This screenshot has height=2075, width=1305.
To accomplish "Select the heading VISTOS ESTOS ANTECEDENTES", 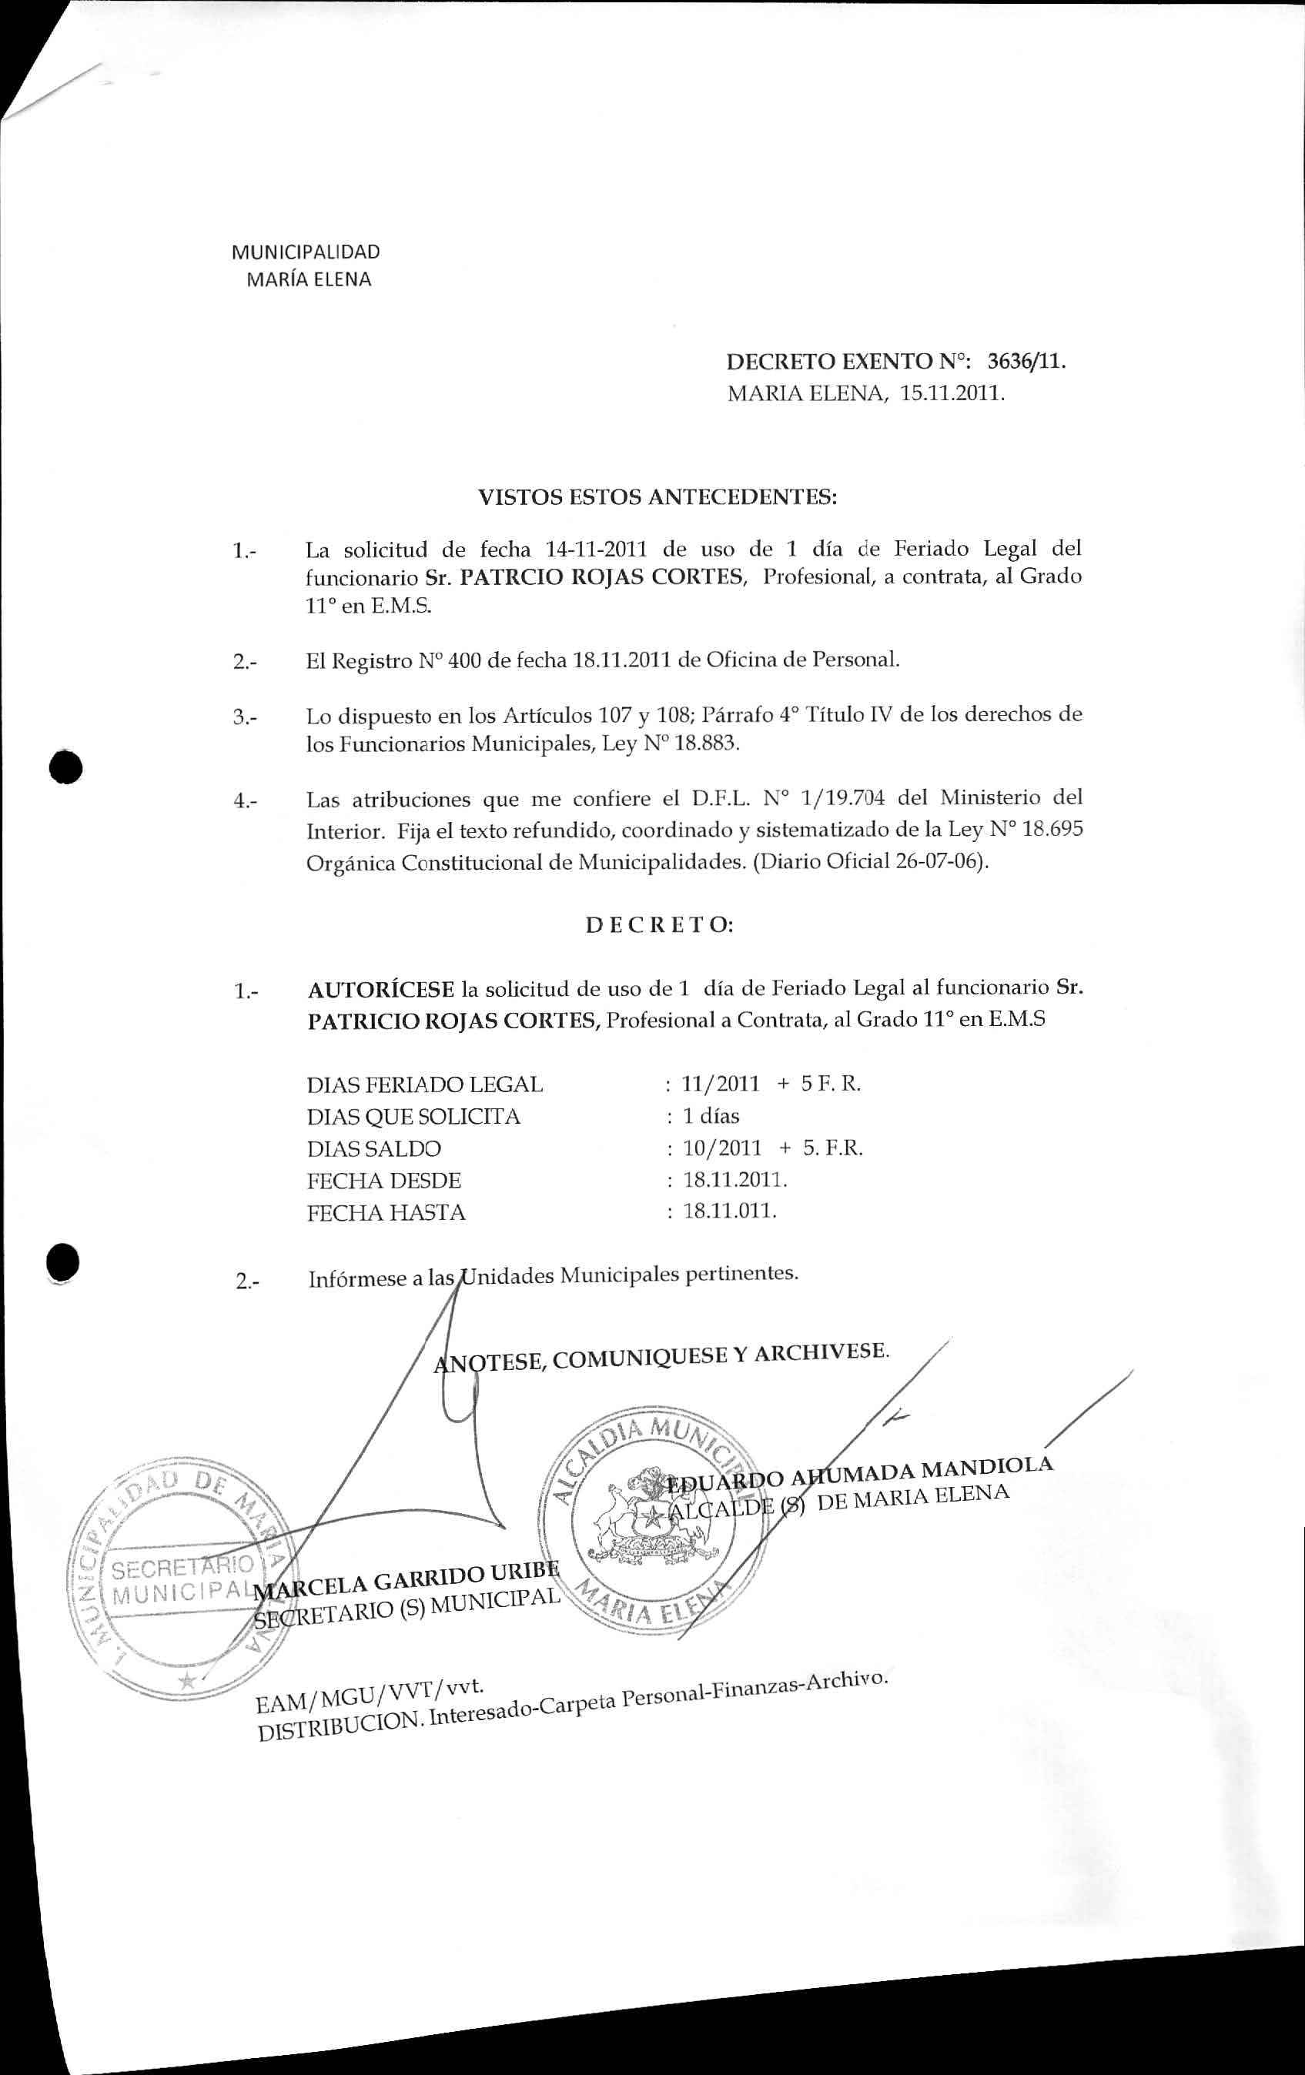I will click(x=658, y=497).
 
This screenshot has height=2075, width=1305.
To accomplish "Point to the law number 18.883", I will click(x=707, y=743).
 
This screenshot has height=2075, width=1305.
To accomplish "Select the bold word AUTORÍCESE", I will click(x=381, y=987).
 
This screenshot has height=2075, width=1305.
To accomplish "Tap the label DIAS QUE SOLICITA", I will click(x=413, y=1117).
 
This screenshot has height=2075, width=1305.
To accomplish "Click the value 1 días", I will click(x=711, y=1116).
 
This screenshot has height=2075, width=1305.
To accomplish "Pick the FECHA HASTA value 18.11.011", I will click(x=730, y=1211).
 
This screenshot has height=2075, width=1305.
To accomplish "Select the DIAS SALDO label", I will click(x=374, y=1148).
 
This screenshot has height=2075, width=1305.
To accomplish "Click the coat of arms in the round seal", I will click(x=647, y=1521).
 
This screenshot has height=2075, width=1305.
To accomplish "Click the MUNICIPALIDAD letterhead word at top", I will click(x=306, y=252).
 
